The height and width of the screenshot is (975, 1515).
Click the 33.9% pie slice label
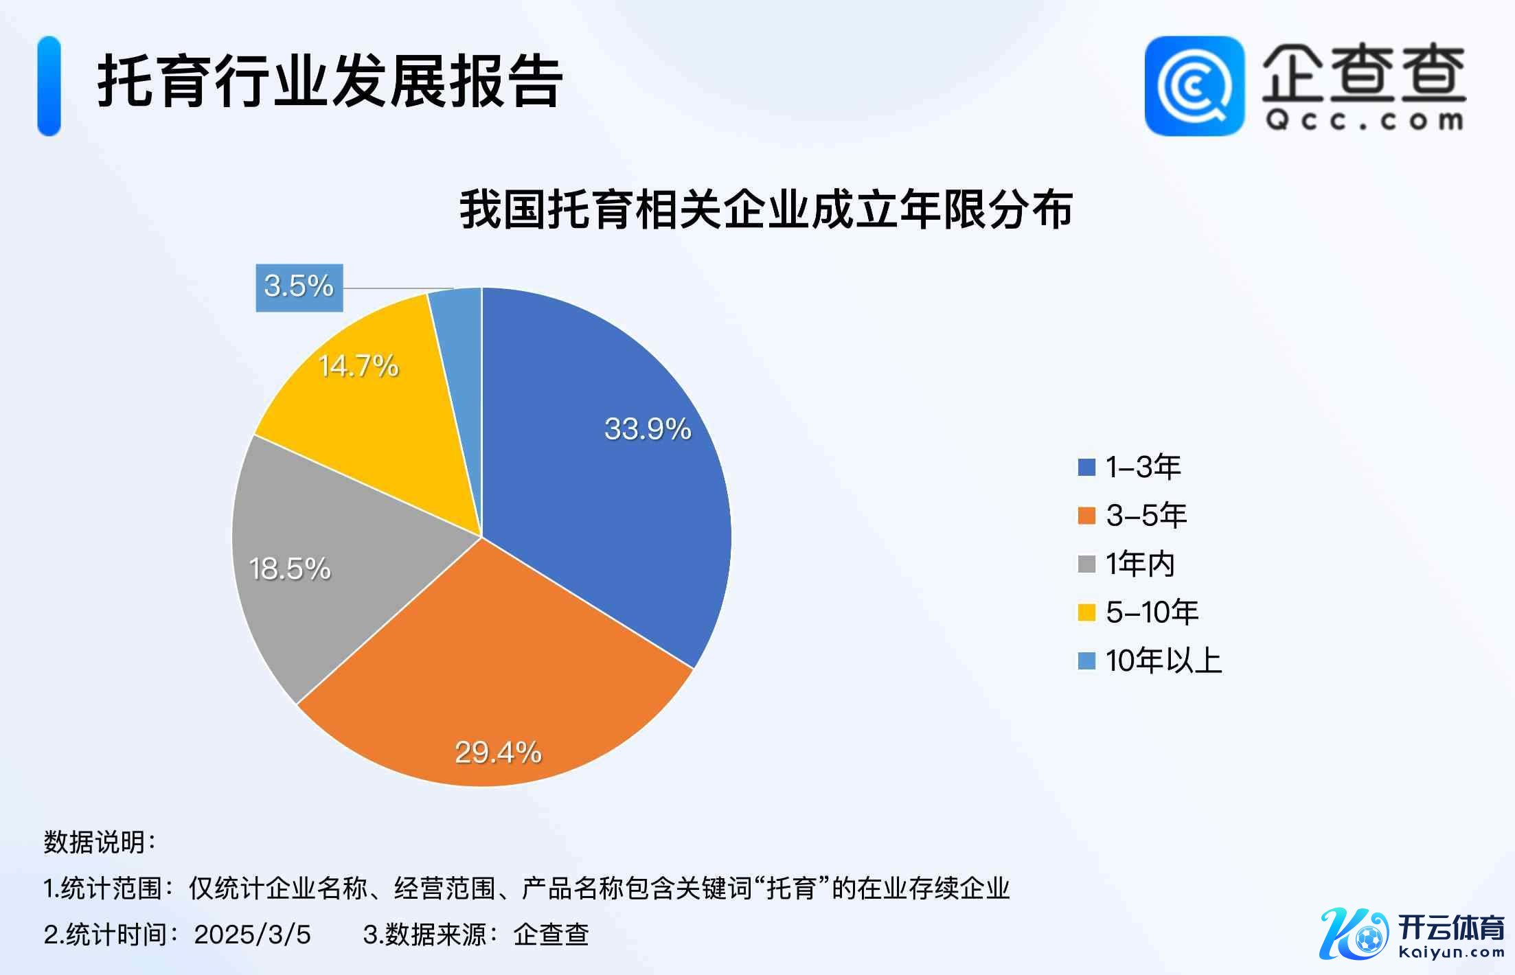[647, 429]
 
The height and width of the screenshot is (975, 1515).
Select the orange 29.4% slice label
[498, 753]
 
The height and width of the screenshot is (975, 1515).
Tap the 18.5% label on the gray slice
[290, 569]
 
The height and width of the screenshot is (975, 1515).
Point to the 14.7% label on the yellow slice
[358, 365]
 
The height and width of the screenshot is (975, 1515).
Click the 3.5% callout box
[299, 287]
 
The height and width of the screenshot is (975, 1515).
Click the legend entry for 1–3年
[1130, 467]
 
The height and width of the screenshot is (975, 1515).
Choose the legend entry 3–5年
[1133, 516]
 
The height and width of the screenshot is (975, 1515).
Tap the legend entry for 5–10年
[1139, 612]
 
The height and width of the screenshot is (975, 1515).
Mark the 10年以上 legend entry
[1150, 661]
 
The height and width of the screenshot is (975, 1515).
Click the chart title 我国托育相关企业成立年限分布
[766, 209]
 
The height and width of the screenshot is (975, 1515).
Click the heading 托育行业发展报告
[330, 82]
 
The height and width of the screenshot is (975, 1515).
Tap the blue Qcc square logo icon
[1194, 86]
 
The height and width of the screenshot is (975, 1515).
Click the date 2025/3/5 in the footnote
[252, 934]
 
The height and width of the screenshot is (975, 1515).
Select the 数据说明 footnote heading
[100, 842]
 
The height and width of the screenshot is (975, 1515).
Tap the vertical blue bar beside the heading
[49, 86]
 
